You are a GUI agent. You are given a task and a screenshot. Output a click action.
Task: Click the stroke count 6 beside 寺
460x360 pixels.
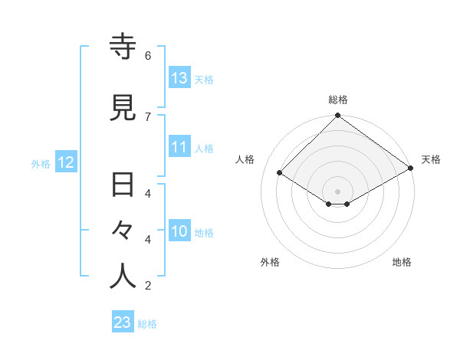click(148, 55)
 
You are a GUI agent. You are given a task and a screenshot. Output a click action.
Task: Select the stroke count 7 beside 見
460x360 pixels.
click(148, 116)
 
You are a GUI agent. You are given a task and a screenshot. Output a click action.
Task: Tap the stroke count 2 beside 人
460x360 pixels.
click(148, 286)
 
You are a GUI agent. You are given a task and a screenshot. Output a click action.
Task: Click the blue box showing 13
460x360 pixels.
click(179, 78)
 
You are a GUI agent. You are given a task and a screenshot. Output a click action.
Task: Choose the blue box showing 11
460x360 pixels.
click(179, 147)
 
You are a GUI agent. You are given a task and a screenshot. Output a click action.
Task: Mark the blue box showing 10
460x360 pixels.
click(179, 231)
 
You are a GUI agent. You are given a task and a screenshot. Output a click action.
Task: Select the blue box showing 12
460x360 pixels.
click(65, 162)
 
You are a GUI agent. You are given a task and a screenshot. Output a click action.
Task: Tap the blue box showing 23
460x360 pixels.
click(123, 322)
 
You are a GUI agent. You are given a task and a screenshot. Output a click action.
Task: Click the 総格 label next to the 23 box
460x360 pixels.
click(147, 324)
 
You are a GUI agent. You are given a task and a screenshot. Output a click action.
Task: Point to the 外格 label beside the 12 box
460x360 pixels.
click(41, 163)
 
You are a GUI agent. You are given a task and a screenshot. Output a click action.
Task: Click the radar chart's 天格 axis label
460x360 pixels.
click(431, 159)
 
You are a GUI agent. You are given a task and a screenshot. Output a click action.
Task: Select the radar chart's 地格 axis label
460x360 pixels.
click(402, 262)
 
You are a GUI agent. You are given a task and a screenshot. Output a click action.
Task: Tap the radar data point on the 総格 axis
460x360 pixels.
click(337, 116)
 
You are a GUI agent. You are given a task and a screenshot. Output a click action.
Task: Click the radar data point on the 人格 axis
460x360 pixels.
click(280, 173)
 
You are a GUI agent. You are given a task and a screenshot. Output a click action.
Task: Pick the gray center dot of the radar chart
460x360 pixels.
click(337, 191)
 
